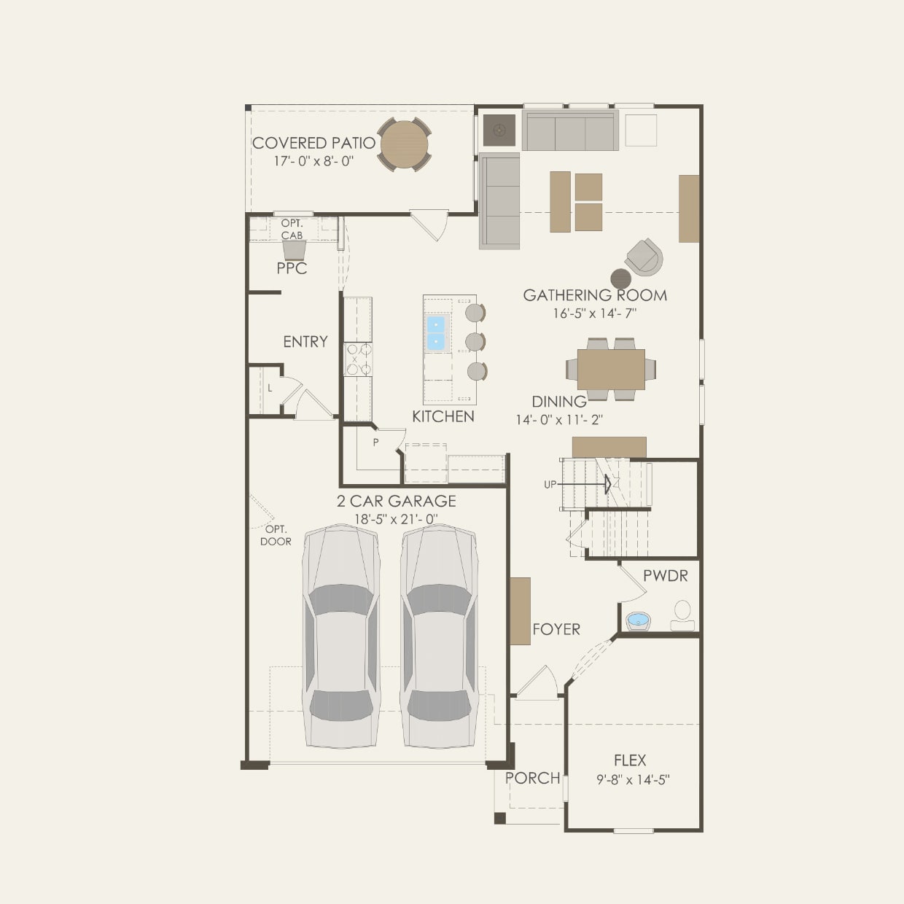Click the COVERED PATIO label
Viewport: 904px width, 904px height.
(x=313, y=143)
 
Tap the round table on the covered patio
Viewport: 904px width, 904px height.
(x=404, y=144)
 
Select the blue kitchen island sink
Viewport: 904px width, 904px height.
(x=435, y=332)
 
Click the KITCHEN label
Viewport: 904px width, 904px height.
(x=443, y=416)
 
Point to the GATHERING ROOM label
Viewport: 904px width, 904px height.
(x=595, y=295)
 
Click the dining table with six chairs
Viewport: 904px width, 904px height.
(x=611, y=370)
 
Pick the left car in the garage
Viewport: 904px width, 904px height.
(x=341, y=636)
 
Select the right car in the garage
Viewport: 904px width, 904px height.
(x=439, y=636)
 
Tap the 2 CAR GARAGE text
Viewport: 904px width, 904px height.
(x=397, y=501)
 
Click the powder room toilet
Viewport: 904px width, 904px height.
(x=682, y=612)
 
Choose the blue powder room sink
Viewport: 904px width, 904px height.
(x=639, y=621)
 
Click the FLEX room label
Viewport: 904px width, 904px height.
(x=630, y=760)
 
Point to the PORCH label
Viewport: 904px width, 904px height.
(x=533, y=778)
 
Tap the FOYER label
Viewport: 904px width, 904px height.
(x=556, y=629)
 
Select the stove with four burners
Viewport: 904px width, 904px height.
(x=358, y=359)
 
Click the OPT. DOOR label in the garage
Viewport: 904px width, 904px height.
(x=276, y=535)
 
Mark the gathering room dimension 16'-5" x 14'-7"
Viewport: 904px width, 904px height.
(x=595, y=313)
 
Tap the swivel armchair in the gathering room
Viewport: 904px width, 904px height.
(x=644, y=257)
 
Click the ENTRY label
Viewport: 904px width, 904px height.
(x=305, y=341)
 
